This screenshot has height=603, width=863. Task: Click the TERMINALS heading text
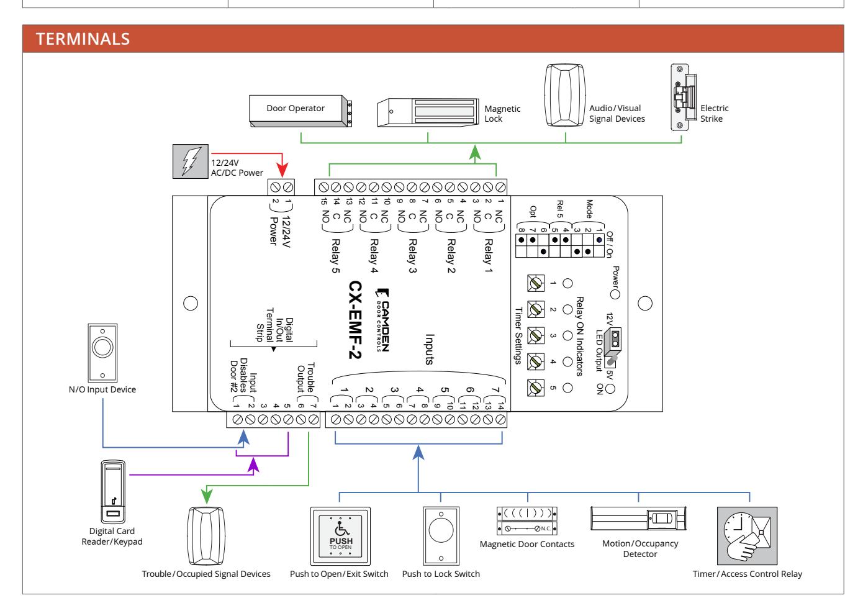tap(83, 39)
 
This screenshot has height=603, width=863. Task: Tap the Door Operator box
tap(300, 111)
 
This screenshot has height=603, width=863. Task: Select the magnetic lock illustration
tap(428, 112)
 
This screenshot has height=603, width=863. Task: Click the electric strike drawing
tap(684, 97)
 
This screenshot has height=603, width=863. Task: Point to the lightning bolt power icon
tap(191, 161)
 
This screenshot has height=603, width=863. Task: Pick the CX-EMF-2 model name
tap(355, 320)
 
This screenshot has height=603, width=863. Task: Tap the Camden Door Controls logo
tap(382, 320)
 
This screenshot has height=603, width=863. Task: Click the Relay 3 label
tap(412, 256)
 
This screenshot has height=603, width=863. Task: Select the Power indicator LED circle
tap(615, 295)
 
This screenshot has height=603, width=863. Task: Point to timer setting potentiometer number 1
tap(536, 283)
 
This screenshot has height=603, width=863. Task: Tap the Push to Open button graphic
tap(340, 536)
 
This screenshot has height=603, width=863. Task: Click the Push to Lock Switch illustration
tap(441, 535)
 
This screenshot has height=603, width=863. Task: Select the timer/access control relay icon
tap(747, 536)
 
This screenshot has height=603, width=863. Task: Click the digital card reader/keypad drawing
tap(113, 491)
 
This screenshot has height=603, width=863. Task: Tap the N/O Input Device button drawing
tap(102, 353)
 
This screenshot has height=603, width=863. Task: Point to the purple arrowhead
tap(253, 465)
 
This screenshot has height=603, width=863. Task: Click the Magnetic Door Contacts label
tap(526, 544)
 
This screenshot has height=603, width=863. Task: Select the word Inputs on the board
tap(430, 350)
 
